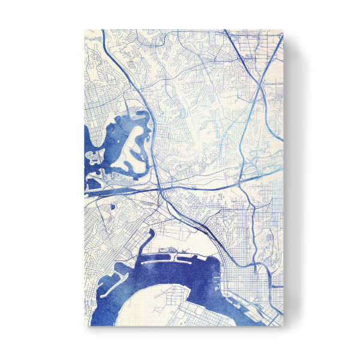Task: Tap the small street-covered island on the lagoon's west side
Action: click(x=95, y=157)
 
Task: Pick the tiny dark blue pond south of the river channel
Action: click(x=112, y=207)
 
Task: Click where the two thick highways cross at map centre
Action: click(x=162, y=189)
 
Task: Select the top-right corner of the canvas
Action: click(x=283, y=29)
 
